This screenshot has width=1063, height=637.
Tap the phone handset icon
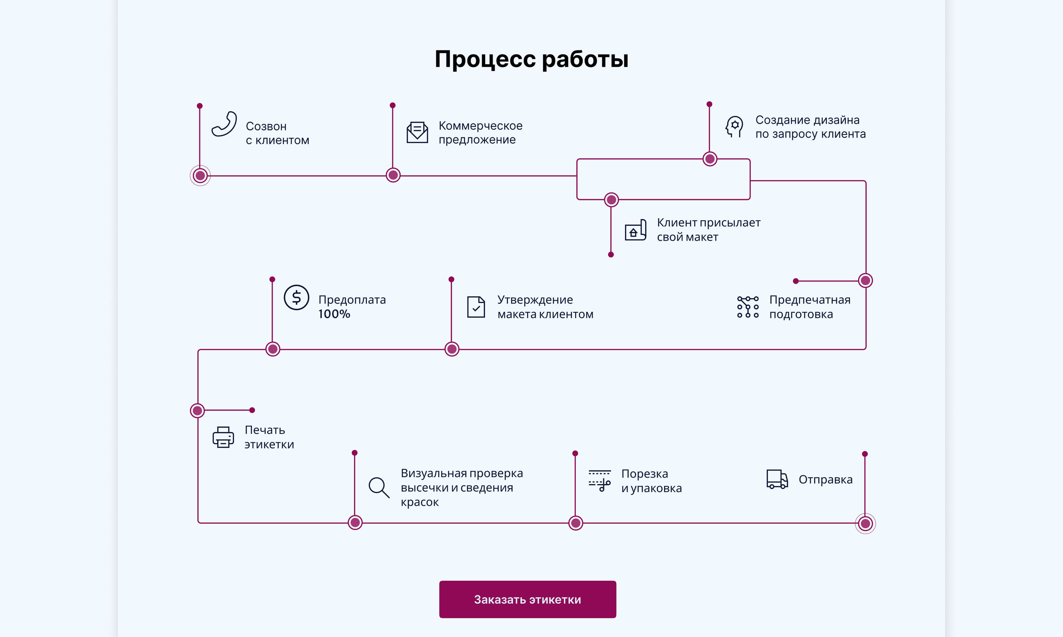(x=224, y=124)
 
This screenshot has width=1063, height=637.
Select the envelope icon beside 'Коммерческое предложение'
(x=417, y=132)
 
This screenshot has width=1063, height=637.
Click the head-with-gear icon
(x=734, y=127)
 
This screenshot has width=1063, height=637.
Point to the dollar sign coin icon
(x=296, y=297)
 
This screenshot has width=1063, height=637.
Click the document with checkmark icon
(x=476, y=307)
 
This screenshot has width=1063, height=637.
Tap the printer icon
(x=223, y=437)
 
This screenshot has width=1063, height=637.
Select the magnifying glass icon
(x=378, y=487)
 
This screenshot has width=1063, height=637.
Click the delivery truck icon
(x=777, y=479)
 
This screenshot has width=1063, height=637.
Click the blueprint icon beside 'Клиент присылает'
(x=635, y=230)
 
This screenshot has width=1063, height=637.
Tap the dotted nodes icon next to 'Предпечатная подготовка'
(x=748, y=307)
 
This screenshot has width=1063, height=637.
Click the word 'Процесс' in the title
(x=485, y=59)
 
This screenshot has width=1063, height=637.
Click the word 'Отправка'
(x=825, y=479)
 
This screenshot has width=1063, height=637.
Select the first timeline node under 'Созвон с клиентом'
(x=200, y=175)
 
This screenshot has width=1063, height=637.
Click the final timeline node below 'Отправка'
(x=865, y=524)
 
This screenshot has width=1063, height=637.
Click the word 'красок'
(x=420, y=502)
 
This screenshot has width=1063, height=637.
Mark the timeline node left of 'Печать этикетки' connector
(x=197, y=411)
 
